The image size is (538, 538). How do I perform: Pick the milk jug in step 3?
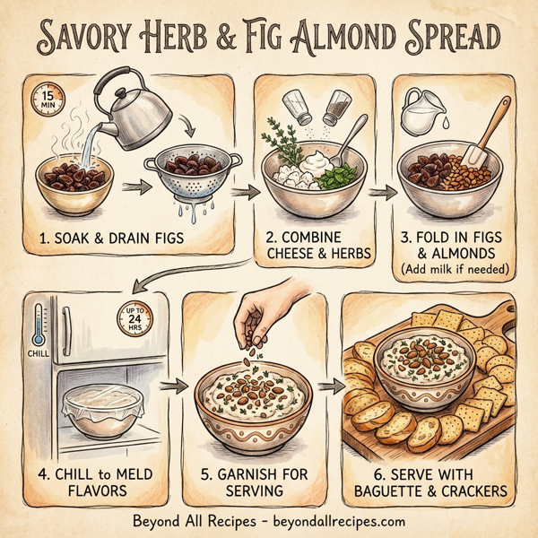[418, 114]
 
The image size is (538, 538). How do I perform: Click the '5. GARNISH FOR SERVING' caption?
[252, 482]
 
